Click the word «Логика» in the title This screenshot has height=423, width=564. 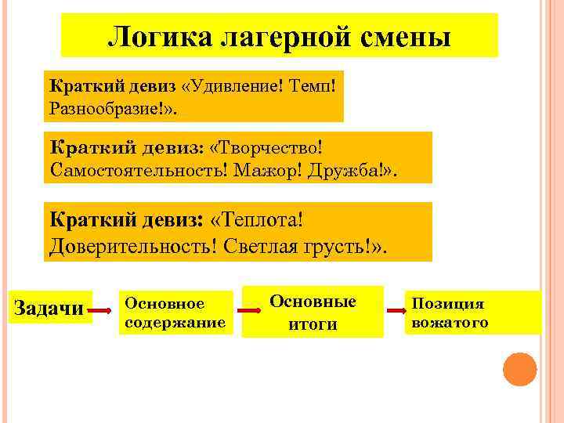click(x=154, y=36)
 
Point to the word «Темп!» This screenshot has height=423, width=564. click(x=313, y=84)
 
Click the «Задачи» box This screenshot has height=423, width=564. click(x=49, y=309)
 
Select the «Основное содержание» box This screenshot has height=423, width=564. click(x=175, y=312)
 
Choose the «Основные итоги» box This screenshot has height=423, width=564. click(x=312, y=312)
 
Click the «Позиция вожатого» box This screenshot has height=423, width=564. click(x=472, y=312)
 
